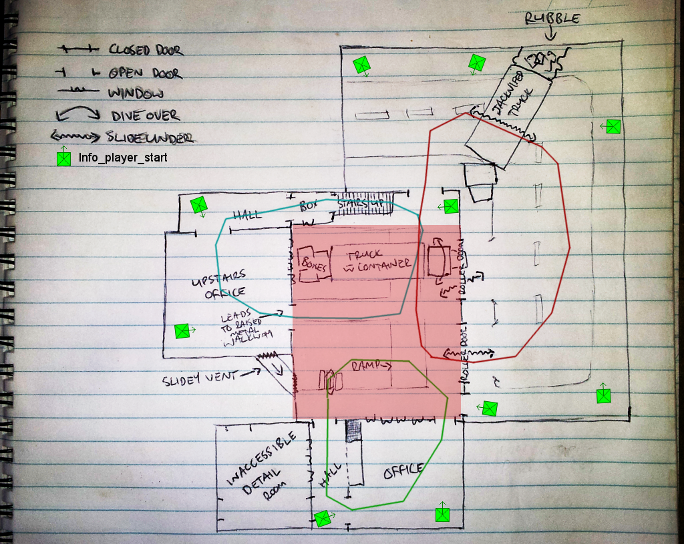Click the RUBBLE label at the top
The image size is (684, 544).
552,18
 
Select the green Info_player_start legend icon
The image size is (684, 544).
63,158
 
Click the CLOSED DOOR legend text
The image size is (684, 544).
145,50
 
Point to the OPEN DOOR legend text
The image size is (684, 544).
145,72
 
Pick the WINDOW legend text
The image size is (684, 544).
136,93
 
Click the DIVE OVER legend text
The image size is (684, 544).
144,115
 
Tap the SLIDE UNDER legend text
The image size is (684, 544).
150,138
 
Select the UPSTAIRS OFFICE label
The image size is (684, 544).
218,283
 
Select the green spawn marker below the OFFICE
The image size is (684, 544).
442,514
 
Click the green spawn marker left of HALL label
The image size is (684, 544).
199,205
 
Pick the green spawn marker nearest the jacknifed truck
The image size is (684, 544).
477,63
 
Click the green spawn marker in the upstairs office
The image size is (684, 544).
181,330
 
